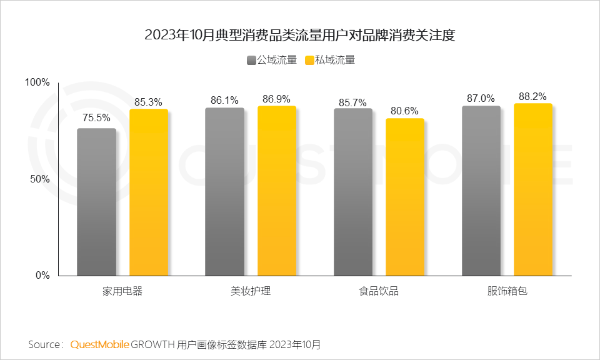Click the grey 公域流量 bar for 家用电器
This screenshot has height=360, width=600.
pyautogui.click(x=96, y=202)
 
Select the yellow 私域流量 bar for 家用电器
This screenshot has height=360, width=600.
pyautogui.click(x=149, y=192)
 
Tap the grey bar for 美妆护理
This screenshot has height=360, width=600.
pyautogui.click(x=224, y=192)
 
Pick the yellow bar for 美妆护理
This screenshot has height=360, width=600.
pyautogui.click(x=276, y=191)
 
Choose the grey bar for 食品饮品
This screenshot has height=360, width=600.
pyautogui.click(x=352, y=192)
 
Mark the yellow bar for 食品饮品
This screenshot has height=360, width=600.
pyautogui.click(x=405, y=197)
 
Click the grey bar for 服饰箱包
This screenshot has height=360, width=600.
pyautogui.click(x=481, y=191)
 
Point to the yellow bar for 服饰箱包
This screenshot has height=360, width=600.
pyautogui.click(x=533, y=189)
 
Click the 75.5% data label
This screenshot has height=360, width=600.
pyautogui.click(x=97, y=117)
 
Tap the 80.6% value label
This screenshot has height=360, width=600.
pyautogui.click(x=405, y=111)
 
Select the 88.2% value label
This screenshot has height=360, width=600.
pyautogui.click(x=532, y=96)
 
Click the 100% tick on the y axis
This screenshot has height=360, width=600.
pyautogui.click(x=37, y=82)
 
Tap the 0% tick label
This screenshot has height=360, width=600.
pyautogui.click(x=42, y=275)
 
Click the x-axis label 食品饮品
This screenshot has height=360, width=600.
pyautogui.click(x=379, y=291)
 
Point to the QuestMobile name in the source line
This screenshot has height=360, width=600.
pyautogui.click(x=100, y=344)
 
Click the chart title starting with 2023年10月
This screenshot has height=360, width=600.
pyautogui.click(x=300, y=35)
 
